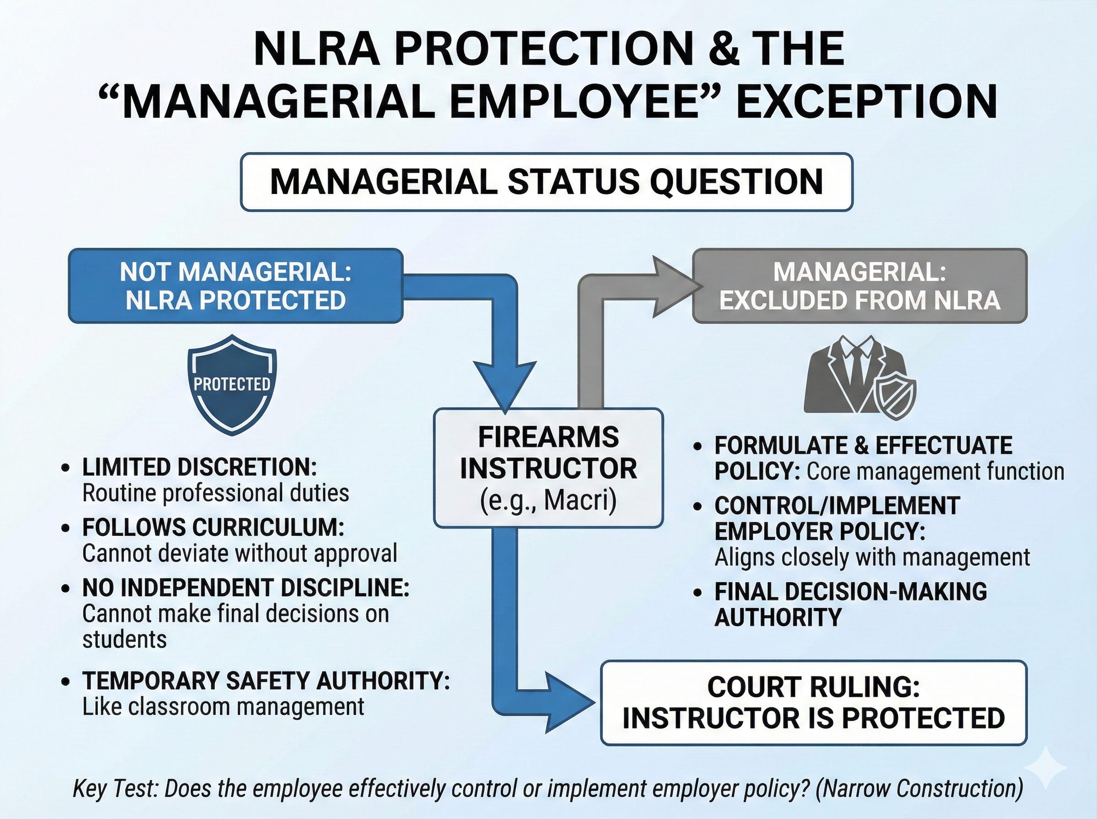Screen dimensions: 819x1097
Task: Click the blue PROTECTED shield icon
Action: [232, 384]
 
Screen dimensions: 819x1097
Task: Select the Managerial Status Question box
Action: [546, 181]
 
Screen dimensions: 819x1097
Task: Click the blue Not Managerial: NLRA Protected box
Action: [235, 286]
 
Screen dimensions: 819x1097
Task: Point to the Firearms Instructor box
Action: [548, 468]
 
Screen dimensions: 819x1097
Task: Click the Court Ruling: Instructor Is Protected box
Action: [813, 702]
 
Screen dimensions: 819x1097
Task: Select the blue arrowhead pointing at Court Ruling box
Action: [568, 702]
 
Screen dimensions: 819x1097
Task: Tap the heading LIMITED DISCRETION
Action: [199, 467]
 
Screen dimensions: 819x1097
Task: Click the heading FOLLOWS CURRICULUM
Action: [213, 527]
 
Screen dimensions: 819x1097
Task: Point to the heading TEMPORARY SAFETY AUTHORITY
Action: [266, 681]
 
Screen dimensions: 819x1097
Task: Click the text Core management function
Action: [935, 472]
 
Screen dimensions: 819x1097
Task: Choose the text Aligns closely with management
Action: [872, 557]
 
